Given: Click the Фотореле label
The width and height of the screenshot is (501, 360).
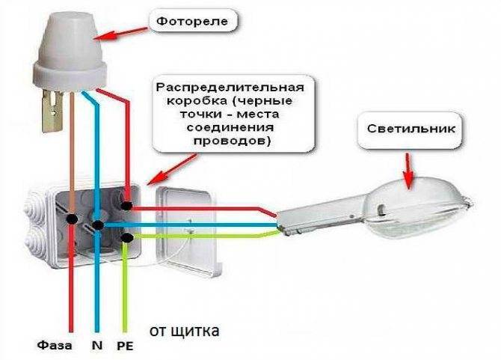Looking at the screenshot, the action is click(x=193, y=21).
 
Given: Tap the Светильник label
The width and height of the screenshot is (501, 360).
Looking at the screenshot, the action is click(x=411, y=129).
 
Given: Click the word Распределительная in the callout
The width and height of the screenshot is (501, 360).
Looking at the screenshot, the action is click(x=230, y=87).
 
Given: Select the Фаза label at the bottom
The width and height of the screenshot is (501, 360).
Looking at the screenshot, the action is click(x=55, y=345).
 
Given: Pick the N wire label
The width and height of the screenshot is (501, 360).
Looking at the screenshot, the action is click(x=97, y=345).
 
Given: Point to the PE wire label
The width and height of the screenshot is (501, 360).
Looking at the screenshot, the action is click(x=125, y=346).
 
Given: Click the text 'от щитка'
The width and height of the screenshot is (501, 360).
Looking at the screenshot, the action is click(x=185, y=331).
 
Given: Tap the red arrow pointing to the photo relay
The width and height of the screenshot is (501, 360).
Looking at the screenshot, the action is click(x=121, y=34).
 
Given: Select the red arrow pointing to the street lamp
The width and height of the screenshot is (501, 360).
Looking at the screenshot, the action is click(x=408, y=171).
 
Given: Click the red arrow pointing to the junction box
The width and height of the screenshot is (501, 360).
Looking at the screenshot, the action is click(x=173, y=169).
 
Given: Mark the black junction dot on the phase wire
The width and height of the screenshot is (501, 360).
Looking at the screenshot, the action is click(x=72, y=219).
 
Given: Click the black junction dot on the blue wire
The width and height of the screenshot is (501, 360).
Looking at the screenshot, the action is click(x=97, y=225).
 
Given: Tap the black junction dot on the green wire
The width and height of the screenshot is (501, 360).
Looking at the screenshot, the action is click(x=127, y=237).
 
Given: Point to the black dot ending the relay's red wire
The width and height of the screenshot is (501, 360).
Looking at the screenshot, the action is click(x=127, y=206).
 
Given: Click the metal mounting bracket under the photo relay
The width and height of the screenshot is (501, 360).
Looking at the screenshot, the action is click(x=52, y=110).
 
